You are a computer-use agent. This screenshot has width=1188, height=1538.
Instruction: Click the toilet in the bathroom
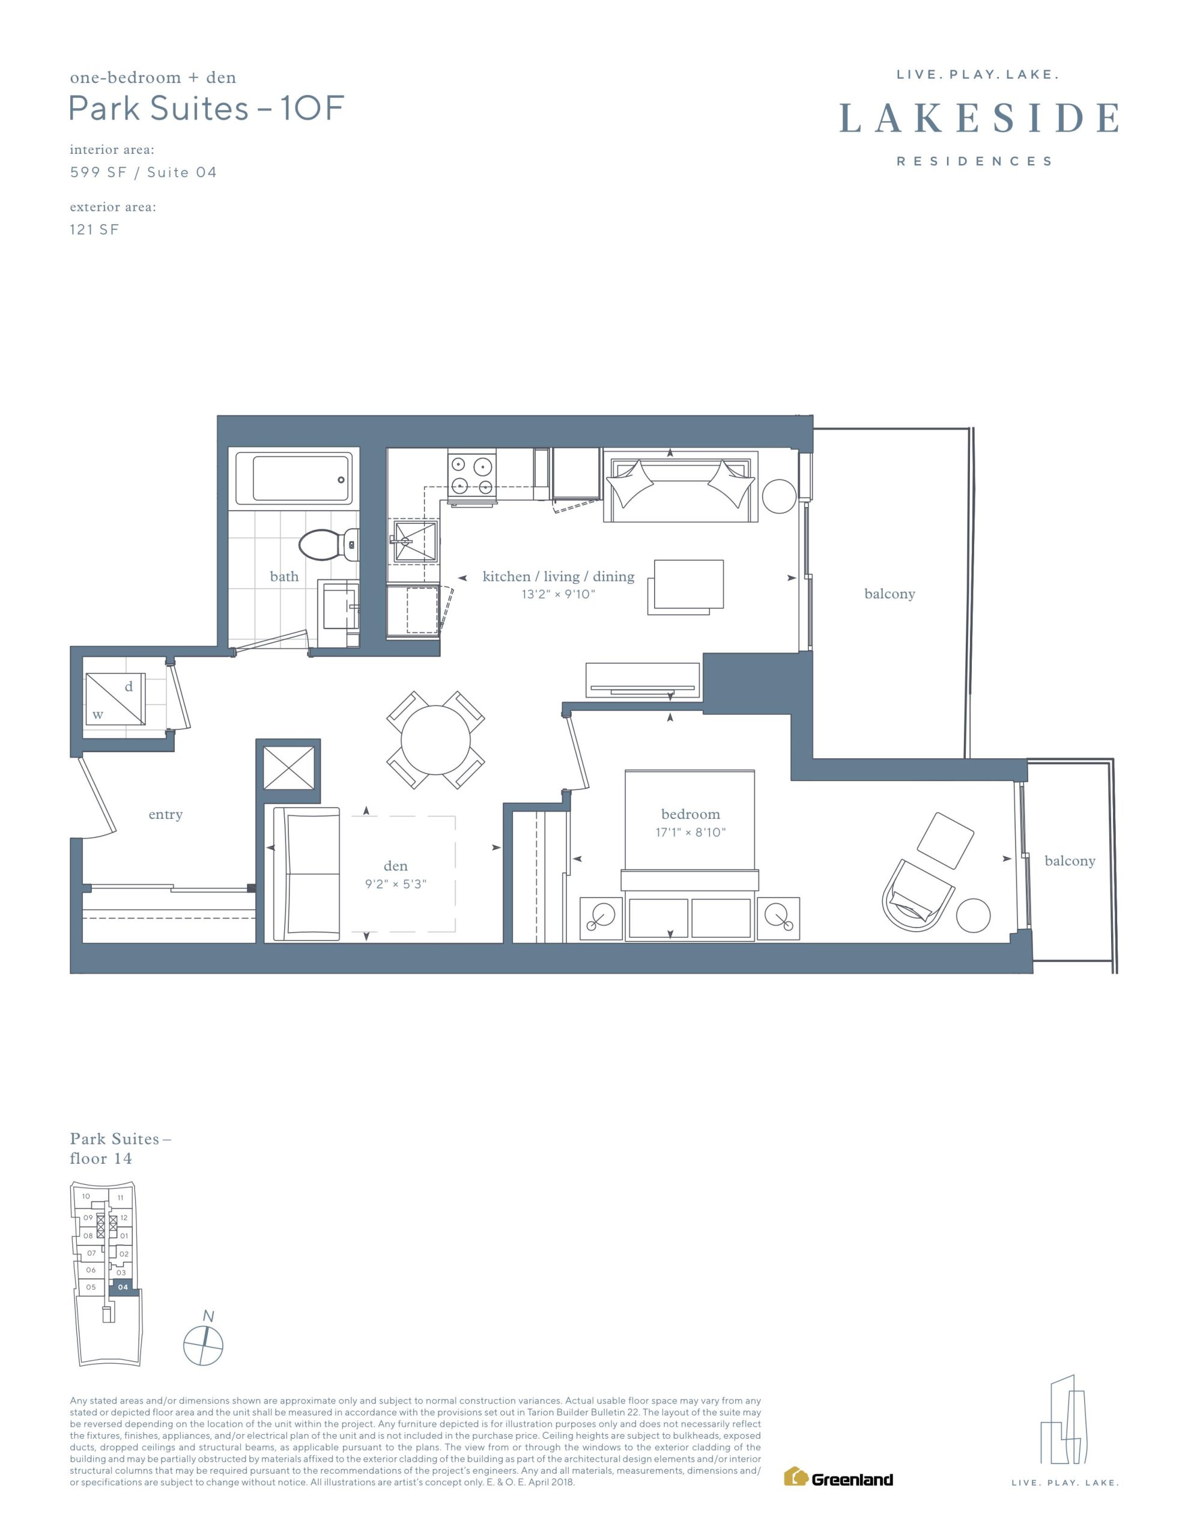point(328,544)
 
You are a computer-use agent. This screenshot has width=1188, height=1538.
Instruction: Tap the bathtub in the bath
point(293,479)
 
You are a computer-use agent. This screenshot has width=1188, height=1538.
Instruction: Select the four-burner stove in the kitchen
point(472,475)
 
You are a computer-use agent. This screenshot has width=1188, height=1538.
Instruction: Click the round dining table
point(435,740)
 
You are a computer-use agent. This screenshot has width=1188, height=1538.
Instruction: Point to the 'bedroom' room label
point(690,814)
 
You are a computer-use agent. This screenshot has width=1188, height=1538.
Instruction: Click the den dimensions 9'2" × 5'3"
point(396,884)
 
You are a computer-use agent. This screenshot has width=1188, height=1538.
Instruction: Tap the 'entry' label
point(166,815)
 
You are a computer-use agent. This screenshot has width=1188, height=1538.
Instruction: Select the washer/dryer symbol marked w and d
point(115,699)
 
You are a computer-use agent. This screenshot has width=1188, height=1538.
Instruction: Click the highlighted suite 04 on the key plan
point(123,1287)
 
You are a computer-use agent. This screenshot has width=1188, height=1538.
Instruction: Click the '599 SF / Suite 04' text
point(143,172)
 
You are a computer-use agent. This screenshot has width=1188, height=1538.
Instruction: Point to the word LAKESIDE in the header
point(979,118)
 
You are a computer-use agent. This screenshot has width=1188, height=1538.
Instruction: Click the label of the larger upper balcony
point(889,594)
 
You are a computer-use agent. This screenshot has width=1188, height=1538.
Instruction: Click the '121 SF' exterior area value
point(94,229)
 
